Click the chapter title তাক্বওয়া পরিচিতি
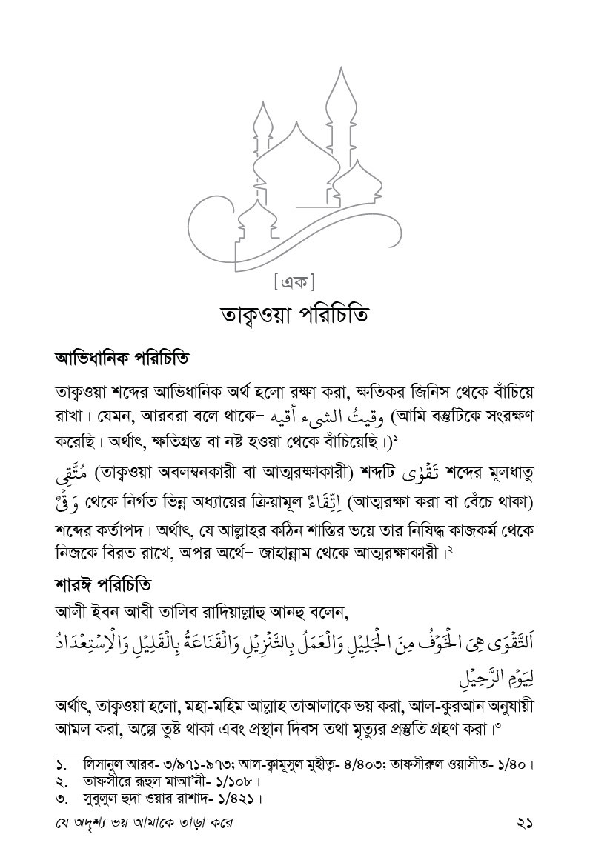point(295,314)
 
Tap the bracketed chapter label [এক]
point(295,282)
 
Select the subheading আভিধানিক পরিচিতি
point(122,359)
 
